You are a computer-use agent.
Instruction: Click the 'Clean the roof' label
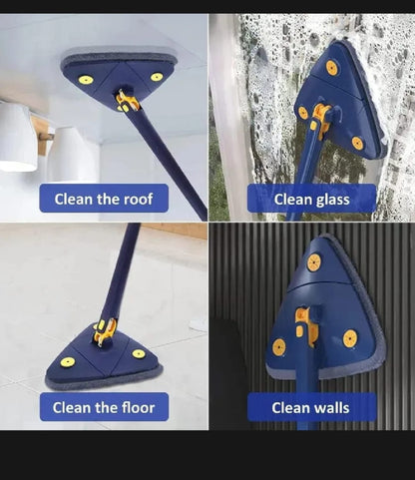tap(104, 199)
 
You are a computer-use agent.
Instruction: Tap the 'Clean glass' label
tap(311, 199)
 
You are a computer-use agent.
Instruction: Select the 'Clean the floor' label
tap(104, 407)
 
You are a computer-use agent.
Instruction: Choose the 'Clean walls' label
tap(311, 407)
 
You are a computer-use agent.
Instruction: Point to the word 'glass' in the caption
tap(330, 199)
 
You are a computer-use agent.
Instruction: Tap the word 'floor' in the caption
tap(141, 407)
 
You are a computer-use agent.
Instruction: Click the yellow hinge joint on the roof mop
tap(127, 100)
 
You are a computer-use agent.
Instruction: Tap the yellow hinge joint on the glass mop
tap(319, 117)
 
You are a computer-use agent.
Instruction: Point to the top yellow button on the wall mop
tap(314, 262)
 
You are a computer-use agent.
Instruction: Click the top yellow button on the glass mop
tap(330, 68)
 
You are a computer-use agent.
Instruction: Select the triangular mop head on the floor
tap(104, 360)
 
